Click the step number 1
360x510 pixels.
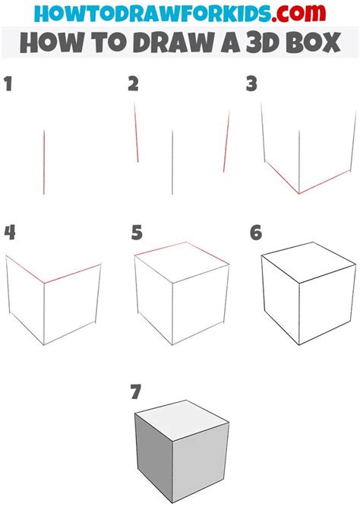coord(9,84)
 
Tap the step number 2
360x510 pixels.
coord(134,84)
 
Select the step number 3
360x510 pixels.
coord(251,84)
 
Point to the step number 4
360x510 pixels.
coord(9,232)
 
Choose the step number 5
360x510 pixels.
coord(136,232)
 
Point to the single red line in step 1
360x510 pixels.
coord(44,161)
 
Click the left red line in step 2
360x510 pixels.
coord(136,133)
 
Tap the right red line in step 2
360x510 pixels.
coord(226,142)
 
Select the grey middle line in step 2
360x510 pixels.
coord(173,161)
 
